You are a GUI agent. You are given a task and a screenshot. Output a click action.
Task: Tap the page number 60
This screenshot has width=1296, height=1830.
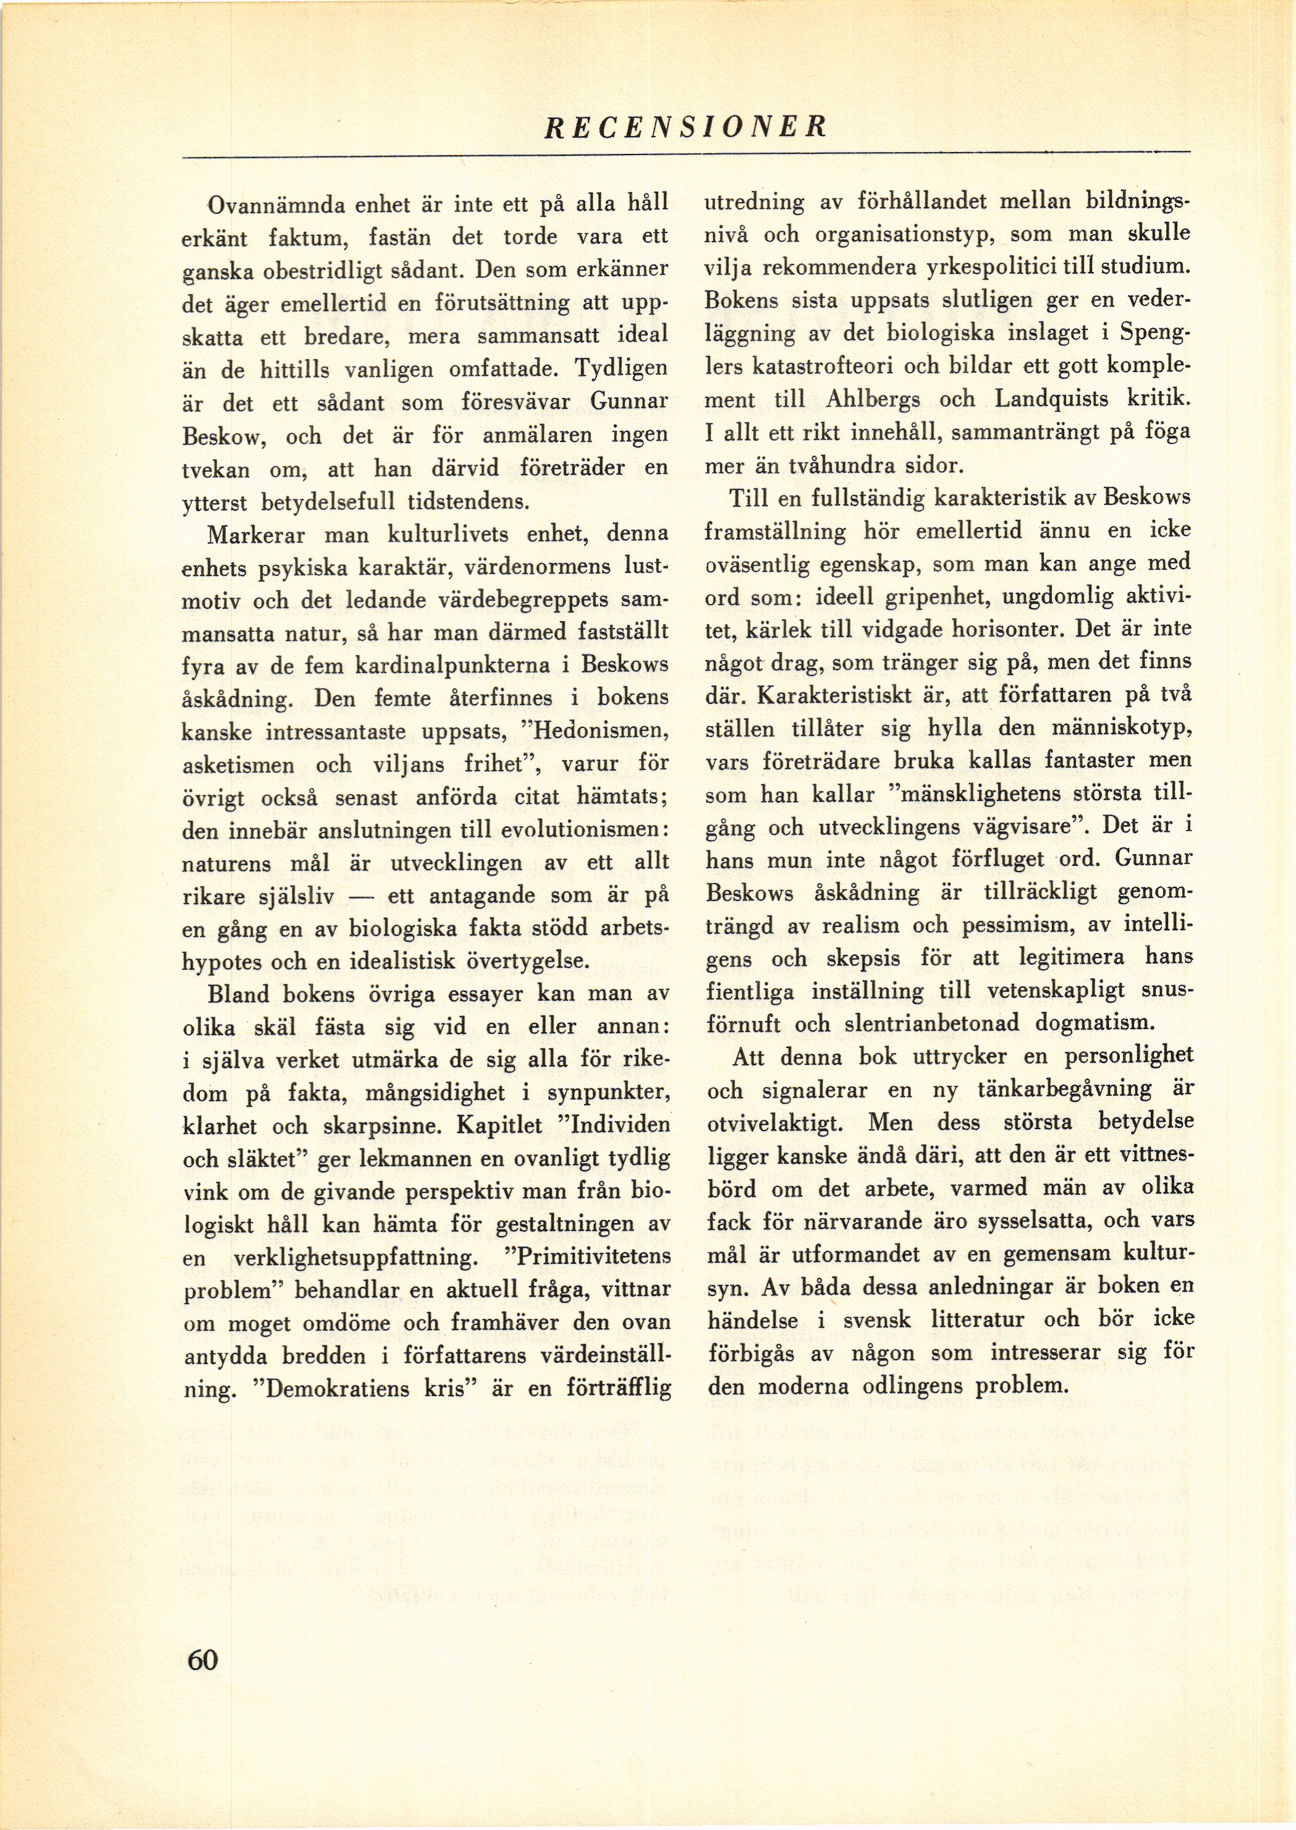pyautogui.click(x=202, y=1659)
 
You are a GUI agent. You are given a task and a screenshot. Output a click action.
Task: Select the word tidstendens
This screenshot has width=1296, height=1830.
pyautogui.click(x=468, y=502)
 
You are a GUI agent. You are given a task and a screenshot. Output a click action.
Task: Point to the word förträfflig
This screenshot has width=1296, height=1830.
pyautogui.click(x=617, y=1389)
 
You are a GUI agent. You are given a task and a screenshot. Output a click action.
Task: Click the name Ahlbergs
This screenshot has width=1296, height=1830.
pyautogui.click(x=873, y=399)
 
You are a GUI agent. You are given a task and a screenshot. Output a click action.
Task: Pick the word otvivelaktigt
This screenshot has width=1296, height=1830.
pyautogui.click(x=775, y=1123)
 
